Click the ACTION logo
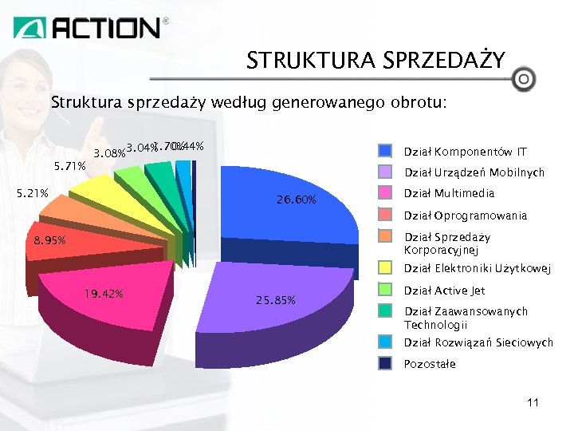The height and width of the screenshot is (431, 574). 91,29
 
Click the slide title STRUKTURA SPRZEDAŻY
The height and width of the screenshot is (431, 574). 375,61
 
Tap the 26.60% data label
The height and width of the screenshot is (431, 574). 296,200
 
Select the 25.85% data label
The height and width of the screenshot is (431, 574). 275,300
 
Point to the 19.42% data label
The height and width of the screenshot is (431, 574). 104,294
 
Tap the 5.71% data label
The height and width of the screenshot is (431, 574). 69,167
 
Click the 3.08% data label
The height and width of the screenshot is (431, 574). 109,152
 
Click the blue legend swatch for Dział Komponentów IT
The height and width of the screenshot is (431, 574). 386,151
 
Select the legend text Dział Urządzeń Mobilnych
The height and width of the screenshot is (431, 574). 474,172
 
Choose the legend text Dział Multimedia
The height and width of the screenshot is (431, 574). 449,193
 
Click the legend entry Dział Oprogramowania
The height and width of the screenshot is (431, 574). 466,215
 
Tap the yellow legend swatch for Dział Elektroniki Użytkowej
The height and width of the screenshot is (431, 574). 386,268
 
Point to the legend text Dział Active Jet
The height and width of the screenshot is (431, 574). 444,291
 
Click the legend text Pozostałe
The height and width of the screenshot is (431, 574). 430,364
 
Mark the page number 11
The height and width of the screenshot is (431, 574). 533,402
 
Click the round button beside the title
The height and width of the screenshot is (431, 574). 523,79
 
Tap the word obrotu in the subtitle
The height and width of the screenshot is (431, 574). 416,103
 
